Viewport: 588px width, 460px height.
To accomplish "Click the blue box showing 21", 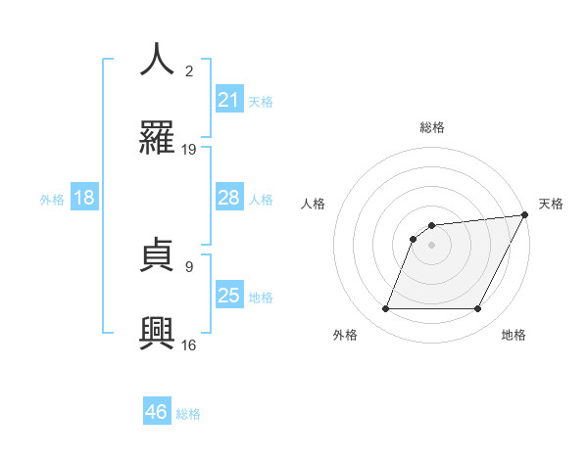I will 229,100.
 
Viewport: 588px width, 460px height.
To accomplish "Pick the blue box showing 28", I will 229,199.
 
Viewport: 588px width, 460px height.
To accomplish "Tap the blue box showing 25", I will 229,296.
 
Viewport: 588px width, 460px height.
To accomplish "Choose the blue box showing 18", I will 84,199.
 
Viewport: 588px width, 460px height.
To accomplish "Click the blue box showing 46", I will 157,412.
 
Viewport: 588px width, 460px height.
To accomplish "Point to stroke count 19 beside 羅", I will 190,150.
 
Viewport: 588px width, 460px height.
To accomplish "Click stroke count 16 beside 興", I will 190,345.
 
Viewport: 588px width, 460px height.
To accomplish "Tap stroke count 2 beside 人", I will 190,70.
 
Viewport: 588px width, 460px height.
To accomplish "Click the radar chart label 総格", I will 432,127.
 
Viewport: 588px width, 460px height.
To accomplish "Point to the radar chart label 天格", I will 551,204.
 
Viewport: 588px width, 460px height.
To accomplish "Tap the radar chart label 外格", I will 345,336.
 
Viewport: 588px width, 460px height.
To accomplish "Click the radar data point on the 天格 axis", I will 525,215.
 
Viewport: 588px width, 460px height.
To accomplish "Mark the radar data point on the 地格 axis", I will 478,309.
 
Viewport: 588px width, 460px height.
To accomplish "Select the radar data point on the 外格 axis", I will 385,309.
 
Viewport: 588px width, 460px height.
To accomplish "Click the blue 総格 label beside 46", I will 188,414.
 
